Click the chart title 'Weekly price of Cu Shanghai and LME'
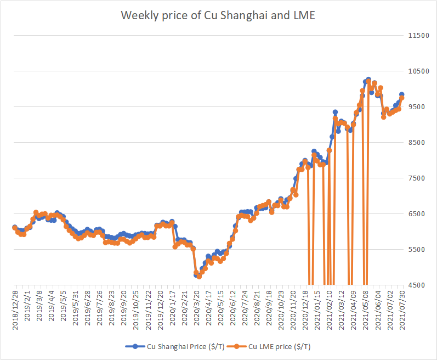[218, 15]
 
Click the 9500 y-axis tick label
[418, 107]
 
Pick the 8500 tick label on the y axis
[418, 143]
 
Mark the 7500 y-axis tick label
[418, 178]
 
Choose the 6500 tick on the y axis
[418, 214]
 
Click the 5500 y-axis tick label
[418, 250]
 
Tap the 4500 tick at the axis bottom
[418, 285]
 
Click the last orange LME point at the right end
[402, 98]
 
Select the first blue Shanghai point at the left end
[15, 227]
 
